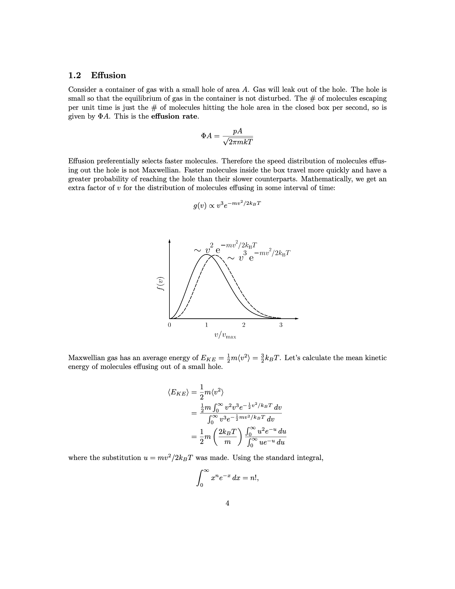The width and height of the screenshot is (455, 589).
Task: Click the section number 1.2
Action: click(x=75, y=75)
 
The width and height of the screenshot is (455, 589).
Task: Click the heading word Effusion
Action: click(x=108, y=75)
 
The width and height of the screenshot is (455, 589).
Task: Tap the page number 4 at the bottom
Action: click(x=227, y=503)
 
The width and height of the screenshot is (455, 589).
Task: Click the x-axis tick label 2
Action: click(x=244, y=325)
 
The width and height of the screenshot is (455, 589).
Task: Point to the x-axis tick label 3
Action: click(x=281, y=325)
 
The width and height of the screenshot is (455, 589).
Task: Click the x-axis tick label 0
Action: click(x=169, y=325)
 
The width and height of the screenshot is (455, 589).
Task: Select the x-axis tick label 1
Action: click(x=206, y=325)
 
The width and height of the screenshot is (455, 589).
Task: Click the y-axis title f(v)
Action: click(x=161, y=284)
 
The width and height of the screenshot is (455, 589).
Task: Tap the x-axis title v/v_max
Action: click(x=225, y=335)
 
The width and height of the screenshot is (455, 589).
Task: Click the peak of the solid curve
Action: click(x=206, y=254)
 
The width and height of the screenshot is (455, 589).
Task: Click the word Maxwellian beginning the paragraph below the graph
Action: click(x=86, y=358)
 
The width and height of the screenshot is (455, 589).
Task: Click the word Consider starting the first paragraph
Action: click(x=85, y=90)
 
